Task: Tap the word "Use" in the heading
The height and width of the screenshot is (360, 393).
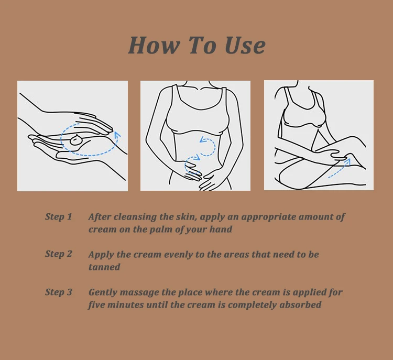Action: tap(245, 45)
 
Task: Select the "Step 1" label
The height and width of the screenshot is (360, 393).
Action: tap(59, 216)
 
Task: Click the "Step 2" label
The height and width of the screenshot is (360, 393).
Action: tap(59, 254)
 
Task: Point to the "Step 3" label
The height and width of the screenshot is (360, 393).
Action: tap(59, 292)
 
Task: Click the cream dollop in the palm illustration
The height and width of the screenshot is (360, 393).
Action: tap(75, 140)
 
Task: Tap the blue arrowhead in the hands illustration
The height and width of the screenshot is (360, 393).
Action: tap(117, 135)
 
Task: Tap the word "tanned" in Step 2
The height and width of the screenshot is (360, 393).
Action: tap(104, 267)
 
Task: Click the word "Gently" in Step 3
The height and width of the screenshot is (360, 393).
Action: tap(103, 292)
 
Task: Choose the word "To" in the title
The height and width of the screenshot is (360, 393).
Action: tap(202, 45)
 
